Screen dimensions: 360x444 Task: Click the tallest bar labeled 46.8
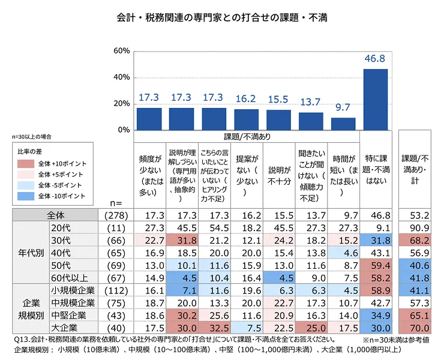(x=376, y=99)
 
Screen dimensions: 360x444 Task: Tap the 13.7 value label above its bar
(x=311, y=102)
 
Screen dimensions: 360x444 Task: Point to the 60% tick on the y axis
(x=122, y=52)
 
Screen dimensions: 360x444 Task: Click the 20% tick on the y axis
(x=122, y=104)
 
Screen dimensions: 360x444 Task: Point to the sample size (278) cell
(x=115, y=214)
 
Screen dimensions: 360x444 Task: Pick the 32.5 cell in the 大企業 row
(x=214, y=327)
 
